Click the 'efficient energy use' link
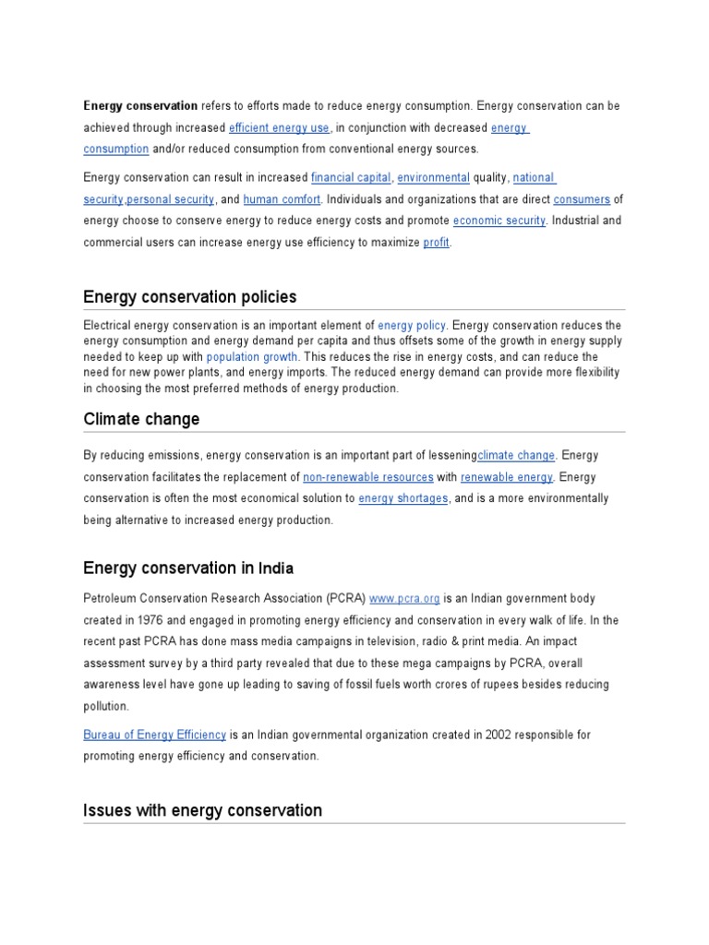point(279,128)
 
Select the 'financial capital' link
point(351,177)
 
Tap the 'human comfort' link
point(282,199)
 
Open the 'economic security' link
point(499,221)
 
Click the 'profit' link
point(436,243)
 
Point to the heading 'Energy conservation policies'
point(190,297)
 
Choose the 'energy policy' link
point(412,326)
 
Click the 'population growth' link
point(252,357)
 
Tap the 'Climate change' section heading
point(141,419)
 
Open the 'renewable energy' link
point(507,477)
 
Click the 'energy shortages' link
point(403,498)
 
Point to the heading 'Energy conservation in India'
point(188,568)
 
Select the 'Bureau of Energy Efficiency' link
point(154,735)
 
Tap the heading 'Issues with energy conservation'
point(202,810)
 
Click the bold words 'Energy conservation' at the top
point(140,106)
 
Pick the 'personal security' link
point(170,199)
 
